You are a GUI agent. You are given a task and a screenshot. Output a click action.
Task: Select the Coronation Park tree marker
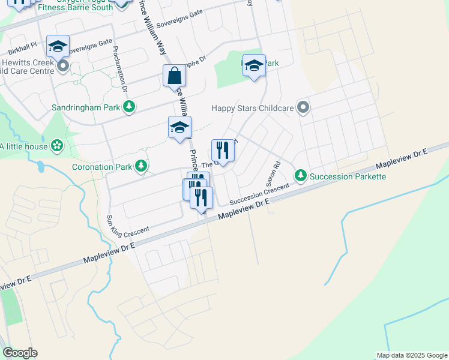141,166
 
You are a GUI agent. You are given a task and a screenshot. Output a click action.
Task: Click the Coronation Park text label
101,167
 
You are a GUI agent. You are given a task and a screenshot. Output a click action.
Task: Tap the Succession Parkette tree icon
300,175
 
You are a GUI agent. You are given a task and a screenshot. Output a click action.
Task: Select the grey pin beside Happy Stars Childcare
303,108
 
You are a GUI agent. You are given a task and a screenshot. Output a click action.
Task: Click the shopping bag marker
174,76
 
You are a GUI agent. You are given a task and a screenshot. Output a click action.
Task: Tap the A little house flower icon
57,145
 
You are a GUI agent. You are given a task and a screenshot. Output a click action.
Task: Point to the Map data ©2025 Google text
412,355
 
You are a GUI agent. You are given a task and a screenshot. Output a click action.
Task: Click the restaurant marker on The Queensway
222,151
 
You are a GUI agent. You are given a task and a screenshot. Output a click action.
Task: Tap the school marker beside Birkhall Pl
58,46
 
